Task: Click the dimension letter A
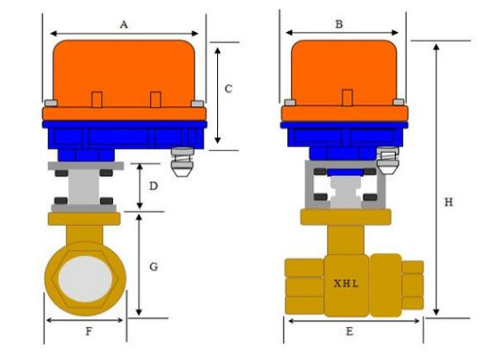tap(124, 24)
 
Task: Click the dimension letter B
tap(339, 24)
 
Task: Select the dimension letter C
tap(229, 89)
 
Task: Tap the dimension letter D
tap(153, 186)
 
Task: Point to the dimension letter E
tap(350, 332)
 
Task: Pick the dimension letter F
tap(89, 332)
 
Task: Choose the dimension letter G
tap(154, 267)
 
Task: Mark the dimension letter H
tap(448, 202)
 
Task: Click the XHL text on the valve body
tap(346, 284)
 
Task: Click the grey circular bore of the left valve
tap(85, 279)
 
